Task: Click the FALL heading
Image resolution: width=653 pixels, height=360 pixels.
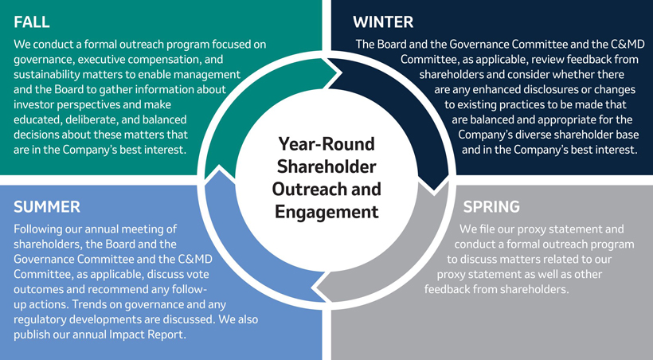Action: [32, 22]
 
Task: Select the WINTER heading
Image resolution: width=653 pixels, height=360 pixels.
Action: [383, 22]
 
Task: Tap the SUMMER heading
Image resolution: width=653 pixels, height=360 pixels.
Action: [47, 206]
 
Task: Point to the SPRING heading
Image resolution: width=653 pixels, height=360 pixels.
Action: [491, 206]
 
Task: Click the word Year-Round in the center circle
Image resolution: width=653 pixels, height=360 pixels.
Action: [326, 143]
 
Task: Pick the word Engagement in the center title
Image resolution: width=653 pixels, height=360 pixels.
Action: [326, 212]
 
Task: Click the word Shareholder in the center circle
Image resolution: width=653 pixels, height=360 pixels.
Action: [326, 166]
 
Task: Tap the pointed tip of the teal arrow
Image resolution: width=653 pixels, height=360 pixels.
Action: [342, 74]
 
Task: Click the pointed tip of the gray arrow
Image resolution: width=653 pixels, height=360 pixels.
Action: [311, 288]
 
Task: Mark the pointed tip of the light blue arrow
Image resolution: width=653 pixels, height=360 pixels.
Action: [219, 166]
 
